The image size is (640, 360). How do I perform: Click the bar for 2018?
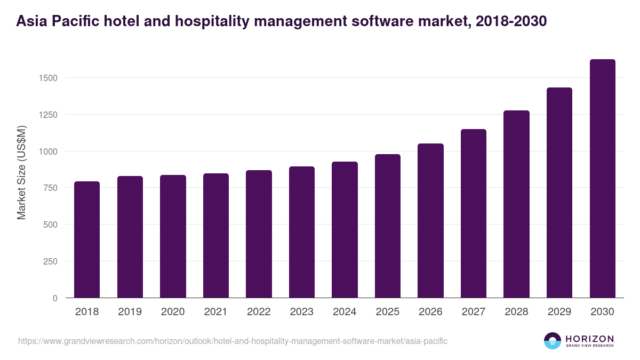tap(87, 239)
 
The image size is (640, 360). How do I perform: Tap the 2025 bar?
tap(387, 226)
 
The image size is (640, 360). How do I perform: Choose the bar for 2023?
tap(302, 232)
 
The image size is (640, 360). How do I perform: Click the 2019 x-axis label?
tap(130, 312)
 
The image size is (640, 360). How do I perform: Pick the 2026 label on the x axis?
tap(430, 312)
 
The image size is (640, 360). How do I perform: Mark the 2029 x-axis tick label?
tap(559, 312)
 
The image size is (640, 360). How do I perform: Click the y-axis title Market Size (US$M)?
tap(21, 173)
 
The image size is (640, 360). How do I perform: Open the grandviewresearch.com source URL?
tap(233, 341)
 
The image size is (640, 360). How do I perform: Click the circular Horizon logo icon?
tap(553, 341)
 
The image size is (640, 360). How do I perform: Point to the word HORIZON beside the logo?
tap(589, 338)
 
